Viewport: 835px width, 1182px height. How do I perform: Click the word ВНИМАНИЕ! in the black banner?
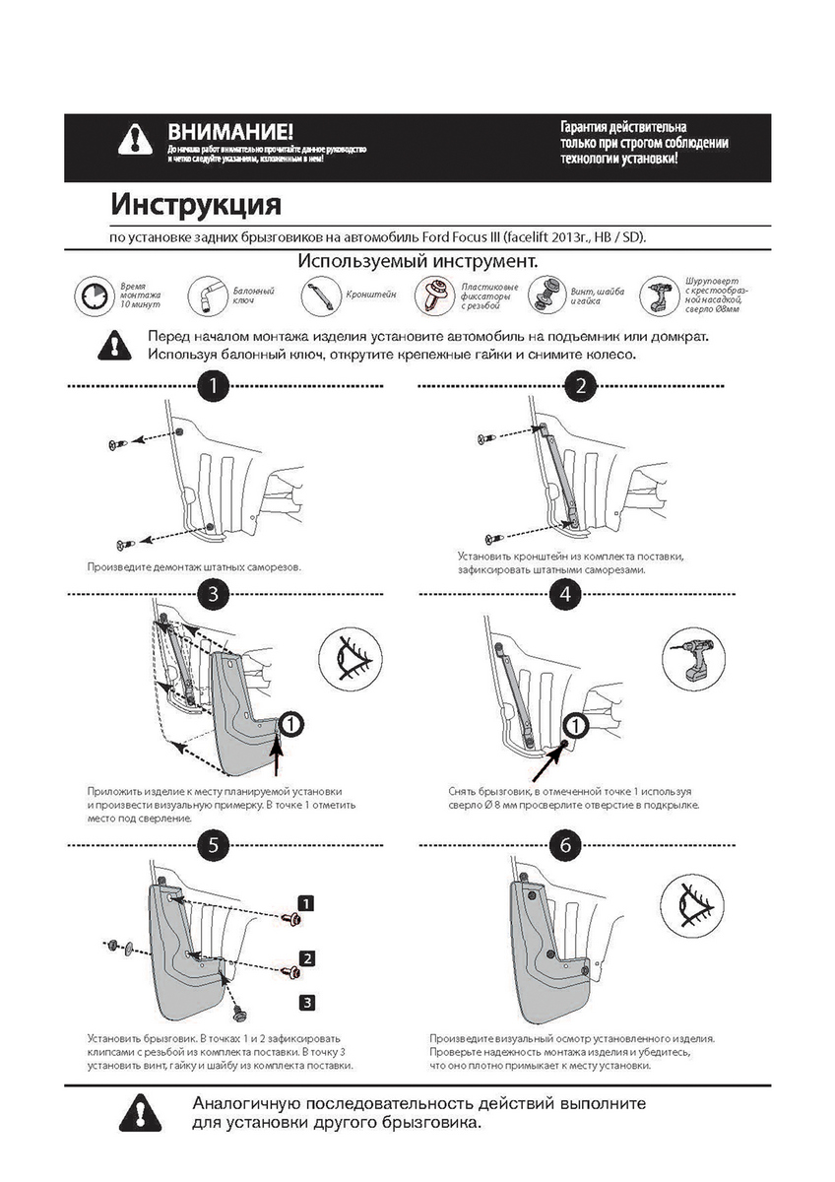(229, 131)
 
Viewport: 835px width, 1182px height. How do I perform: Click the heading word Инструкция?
(196, 205)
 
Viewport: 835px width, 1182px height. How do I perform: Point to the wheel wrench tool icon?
(210, 293)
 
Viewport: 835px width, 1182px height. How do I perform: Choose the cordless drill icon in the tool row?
(658, 293)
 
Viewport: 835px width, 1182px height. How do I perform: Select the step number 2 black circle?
(580, 385)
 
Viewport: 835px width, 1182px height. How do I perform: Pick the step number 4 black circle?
(564, 593)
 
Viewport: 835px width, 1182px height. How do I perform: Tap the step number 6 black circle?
(564, 844)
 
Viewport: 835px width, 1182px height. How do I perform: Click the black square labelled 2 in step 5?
(307, 957)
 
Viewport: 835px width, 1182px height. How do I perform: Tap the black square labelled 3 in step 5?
(307, 1002)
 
